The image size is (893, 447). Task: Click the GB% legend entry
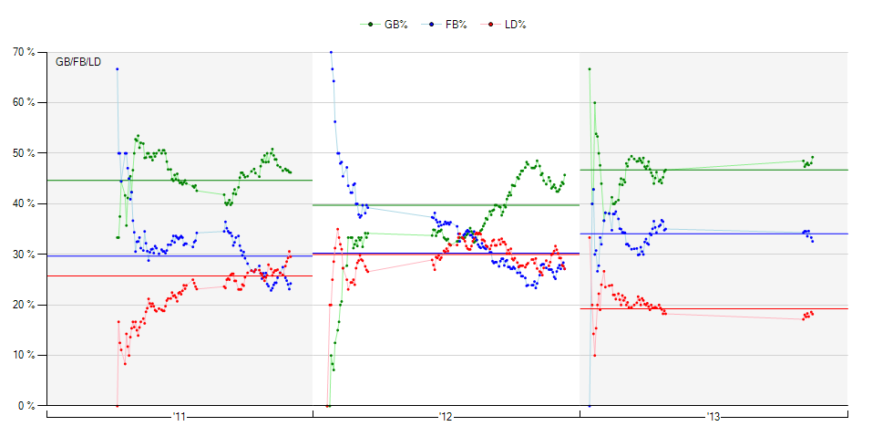[389, 24]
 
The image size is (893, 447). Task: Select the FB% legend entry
[447, 24]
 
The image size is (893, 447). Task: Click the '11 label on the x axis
[179, 417]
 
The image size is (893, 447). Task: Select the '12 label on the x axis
[446, 417]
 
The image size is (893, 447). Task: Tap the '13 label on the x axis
[713, 417]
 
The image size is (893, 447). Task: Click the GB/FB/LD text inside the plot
[78, 62]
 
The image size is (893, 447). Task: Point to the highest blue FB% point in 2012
[331, 52]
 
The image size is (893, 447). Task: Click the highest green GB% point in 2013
[590, 69]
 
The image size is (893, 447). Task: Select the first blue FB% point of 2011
[118, 69]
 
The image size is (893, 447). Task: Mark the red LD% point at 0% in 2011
[118, 405]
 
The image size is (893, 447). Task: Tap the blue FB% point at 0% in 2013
[590, 405]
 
